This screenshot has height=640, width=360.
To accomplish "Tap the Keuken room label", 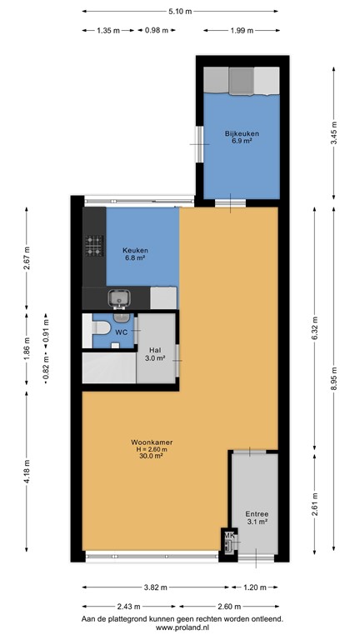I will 134,254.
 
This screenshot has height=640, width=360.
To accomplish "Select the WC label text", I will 121,332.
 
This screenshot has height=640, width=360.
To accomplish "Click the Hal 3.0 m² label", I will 155,354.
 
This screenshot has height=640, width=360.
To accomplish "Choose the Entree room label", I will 255,517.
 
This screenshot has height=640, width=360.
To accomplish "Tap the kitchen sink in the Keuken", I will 120,297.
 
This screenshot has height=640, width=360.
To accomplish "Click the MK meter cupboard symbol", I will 228,539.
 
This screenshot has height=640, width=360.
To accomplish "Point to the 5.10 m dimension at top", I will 179,12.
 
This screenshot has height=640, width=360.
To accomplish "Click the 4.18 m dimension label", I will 27,472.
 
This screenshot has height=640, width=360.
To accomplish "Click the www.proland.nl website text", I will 180,629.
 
